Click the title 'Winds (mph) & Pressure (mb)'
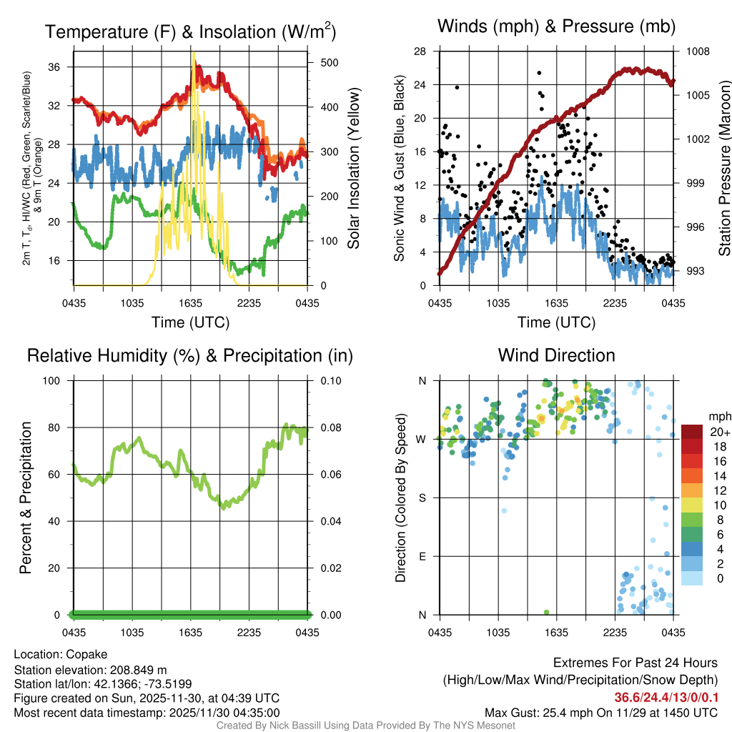(556, 26)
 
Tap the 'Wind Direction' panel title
(556, 355)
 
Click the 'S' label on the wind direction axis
(422, 498)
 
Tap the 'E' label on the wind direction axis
(422, 556)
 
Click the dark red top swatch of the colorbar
(692, 432)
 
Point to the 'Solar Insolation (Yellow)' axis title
(353, 169)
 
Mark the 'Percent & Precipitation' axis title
(25, 498)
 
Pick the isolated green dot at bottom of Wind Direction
(546, 613)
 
